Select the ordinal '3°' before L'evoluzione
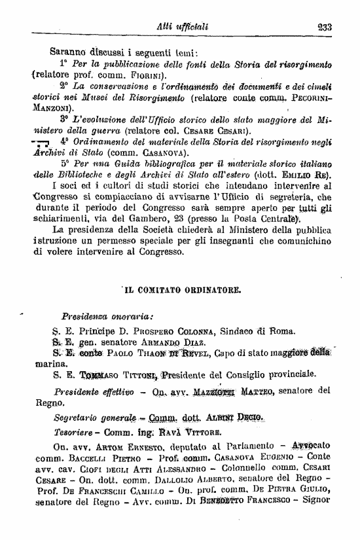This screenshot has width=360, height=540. click(x=64, y=120)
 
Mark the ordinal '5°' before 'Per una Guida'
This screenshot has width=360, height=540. click(x=65, y=164)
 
